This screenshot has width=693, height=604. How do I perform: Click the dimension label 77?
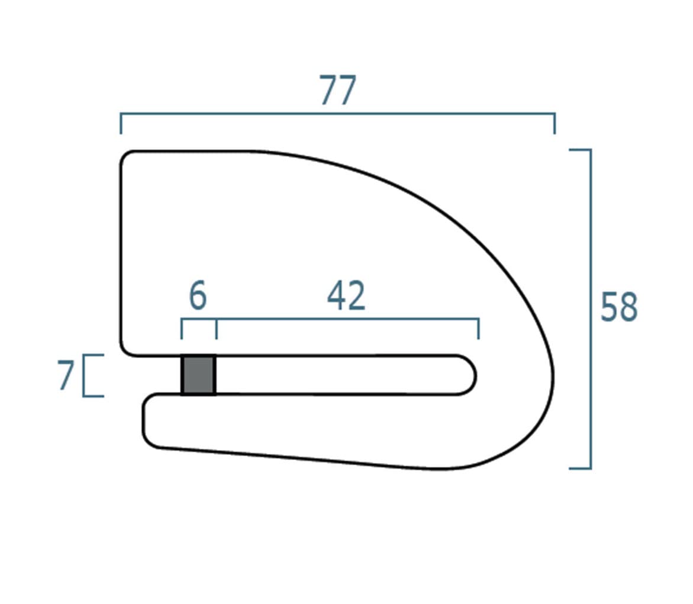pos(338,90)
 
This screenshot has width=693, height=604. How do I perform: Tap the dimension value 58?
pos(619,306)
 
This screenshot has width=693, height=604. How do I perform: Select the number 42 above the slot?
pos(346,295)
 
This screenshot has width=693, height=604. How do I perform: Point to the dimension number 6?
pos(198,295)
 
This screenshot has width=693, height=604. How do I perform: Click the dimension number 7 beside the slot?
pos(66,375)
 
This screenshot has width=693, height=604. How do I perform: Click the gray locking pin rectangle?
pos(198,374)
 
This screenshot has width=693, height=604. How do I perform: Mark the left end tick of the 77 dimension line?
pos(121,123)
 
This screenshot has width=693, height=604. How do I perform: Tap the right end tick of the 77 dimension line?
pos(555,123)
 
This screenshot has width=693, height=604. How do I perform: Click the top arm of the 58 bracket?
pos(580,150)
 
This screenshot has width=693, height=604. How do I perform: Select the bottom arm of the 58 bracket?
pos(580,467)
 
